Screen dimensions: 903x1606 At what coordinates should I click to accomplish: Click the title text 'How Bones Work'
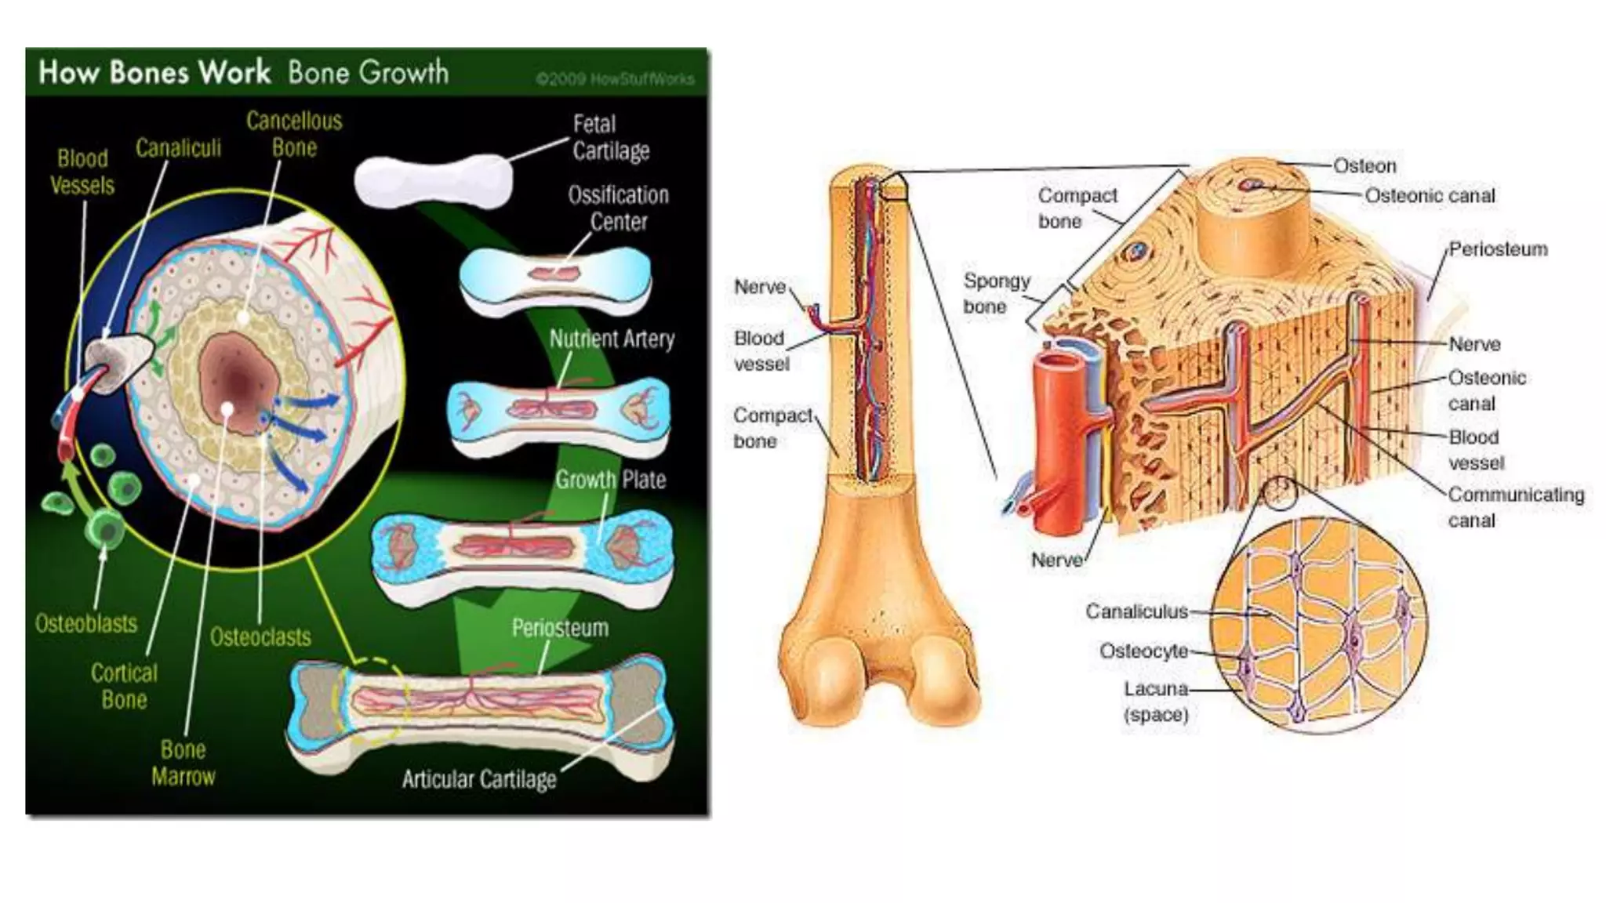tap(154, 73)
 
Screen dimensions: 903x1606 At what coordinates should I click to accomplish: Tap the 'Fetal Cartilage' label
tap(610, 137)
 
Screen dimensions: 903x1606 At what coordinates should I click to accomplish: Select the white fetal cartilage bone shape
tap(433, 181)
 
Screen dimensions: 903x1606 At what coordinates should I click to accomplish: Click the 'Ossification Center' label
tap(618, 208)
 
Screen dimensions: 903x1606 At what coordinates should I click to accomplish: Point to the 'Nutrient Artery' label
tap(612, 339)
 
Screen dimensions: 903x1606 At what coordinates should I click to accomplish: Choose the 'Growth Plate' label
tap(610, 480)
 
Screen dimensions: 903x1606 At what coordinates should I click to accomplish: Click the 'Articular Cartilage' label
tap(479, 779)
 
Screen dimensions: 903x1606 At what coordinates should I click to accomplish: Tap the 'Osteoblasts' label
tap(86, 624)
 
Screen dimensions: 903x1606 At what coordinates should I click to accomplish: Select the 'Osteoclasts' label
tap(260, 637)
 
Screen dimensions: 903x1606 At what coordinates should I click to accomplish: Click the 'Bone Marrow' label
tap(183, 763)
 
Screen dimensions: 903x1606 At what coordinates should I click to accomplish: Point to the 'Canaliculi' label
tap(178, 148)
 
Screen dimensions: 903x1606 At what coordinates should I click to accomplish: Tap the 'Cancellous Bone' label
tap(294, 134)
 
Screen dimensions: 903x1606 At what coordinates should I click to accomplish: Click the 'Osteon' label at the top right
tap(1364, 166)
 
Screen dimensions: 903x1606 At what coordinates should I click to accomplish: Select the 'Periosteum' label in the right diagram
tap(1498, 249)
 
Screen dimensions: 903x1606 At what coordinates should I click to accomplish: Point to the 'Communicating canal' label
tap(1515, 507)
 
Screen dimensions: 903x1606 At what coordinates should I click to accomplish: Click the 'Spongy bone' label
tap(996, 293)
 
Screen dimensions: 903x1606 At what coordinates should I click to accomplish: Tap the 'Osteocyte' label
tap(1143, 651)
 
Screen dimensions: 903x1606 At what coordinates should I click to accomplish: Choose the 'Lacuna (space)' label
tap(1156, 702)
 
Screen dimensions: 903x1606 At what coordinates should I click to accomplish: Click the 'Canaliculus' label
tap(1136, 611)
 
